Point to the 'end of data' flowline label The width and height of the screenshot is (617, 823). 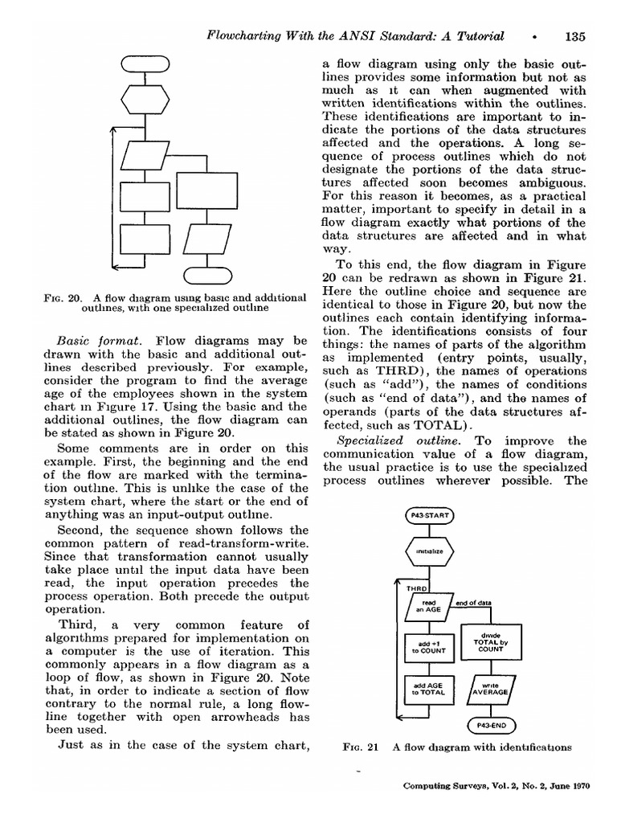[x=474, y=602]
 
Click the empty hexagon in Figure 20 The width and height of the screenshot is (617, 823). [x=145, y=100]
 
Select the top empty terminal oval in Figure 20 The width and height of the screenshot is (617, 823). [x=145, y=64]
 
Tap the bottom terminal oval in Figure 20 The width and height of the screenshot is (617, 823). [x=207, y=275]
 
